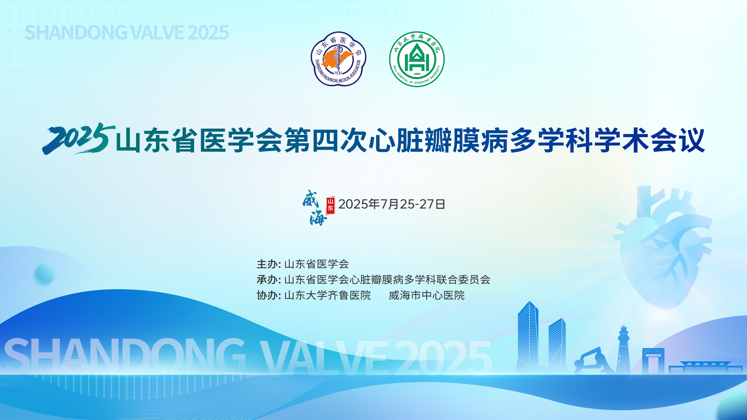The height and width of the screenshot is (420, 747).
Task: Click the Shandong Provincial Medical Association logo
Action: [x=338, y=59]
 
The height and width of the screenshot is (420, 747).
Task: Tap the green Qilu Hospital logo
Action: [x=417, y=59]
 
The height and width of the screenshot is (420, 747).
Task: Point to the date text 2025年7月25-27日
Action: [x=391, y=204]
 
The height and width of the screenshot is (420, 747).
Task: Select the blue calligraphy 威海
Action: [x=314, y=208]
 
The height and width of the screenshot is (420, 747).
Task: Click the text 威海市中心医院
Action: [x=427, y=295]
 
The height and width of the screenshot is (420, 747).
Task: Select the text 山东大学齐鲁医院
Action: [x=328, y=295]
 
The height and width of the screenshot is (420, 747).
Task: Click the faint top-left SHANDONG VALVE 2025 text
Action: [x=127, y=32]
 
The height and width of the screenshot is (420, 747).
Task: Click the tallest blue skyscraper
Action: [x=528, y=336]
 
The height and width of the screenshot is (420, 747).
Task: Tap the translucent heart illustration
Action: [x=664, y=246]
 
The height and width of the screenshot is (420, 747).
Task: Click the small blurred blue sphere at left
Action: [x=44, y=274]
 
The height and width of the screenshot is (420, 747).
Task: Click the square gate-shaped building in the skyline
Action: [x=653, y=361]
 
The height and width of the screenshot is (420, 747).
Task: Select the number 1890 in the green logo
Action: [x=417, y=74]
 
